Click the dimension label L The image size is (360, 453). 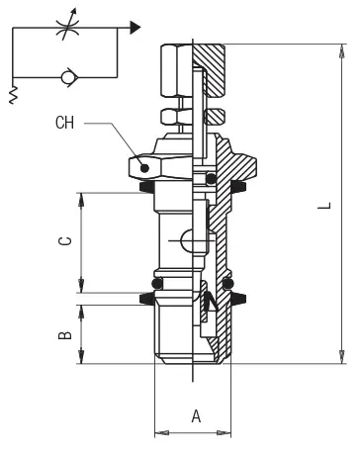point(324,206)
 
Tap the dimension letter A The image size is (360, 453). point(196,416)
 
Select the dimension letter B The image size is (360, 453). point(64,334)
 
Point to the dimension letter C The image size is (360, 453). point(64,240)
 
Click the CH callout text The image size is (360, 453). point(64,123)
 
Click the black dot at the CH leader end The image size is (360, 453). point(144,168)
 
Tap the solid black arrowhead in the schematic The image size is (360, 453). point(135,28)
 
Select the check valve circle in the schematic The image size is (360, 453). point(67,77)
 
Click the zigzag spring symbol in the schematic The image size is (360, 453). point(13,96)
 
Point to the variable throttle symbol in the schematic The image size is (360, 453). point(67,26)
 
